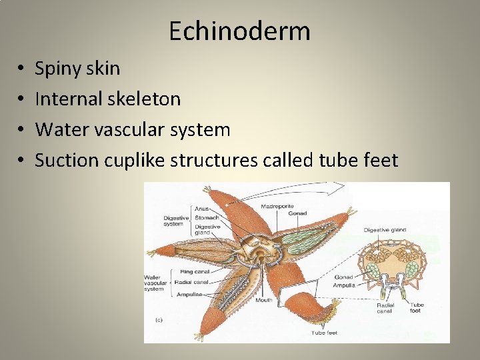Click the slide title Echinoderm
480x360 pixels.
pyautogui.click(x=239, y=31)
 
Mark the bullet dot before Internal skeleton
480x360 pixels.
pyautogui.click(x=22, y=99)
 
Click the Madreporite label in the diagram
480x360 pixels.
pyautogui.click(x=278, y=205)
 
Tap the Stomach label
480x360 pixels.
pyautogui.click(x=206, y=217)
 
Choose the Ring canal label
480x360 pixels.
pyautogui.click(x=195, y=271)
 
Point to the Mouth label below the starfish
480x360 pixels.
pyautogui.click(x=263, y=300)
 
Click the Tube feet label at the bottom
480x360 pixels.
pyautogui.click(x=323, y=332)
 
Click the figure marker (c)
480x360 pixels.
pyautogui.click(x=159, y=320)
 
